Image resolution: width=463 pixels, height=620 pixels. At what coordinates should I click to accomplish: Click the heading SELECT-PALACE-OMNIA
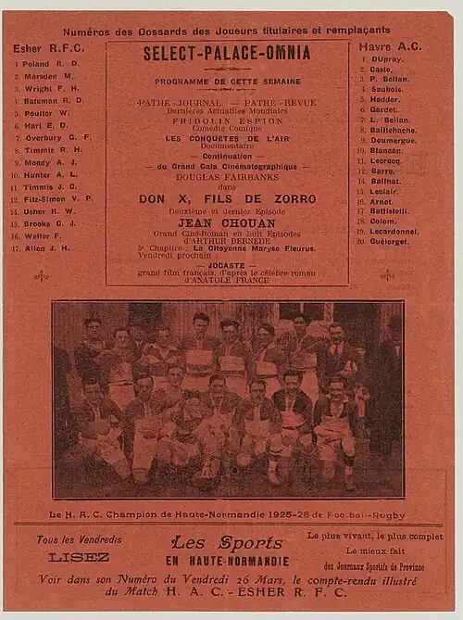pos(226,54)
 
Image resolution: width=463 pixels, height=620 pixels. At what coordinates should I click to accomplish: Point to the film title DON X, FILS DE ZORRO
pos(227,199)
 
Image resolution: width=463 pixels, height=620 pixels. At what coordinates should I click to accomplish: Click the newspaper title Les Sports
pos(227,543)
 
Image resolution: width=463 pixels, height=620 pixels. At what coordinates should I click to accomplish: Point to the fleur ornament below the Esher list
pos(41,274)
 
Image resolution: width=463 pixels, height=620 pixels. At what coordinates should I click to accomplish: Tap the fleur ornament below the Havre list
pos(385,274)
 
